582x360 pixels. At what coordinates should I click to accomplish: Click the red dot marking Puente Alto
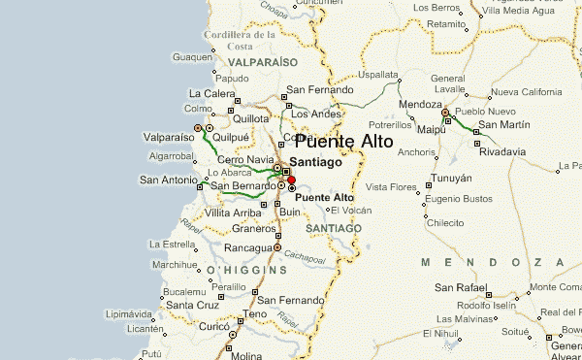[x=291, y=180]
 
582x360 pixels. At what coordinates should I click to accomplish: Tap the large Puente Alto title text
[x=338, y=141]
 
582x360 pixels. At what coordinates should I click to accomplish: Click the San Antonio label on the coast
[x=169, y=180]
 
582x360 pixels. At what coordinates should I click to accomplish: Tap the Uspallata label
[x=378, y=74]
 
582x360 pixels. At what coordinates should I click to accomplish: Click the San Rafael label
[x=461, y=287]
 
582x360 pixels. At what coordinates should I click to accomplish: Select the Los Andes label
[x=314, y=115]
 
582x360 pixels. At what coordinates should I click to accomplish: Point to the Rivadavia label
[x=502, y=151]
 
